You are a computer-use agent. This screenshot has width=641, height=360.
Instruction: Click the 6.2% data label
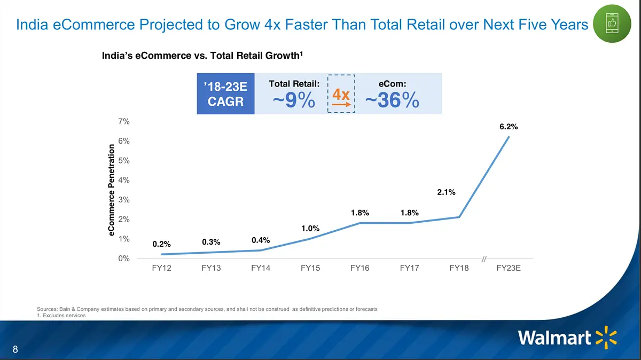point(509,127)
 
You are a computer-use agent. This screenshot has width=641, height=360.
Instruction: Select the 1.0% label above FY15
point(310,229)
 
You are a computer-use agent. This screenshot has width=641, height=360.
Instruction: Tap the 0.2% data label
point(161,244)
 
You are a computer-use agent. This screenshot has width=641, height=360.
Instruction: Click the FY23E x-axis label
point(509,268)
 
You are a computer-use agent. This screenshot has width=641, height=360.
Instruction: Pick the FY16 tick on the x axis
point(360,268)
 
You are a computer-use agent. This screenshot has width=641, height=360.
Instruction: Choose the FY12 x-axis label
point(161,268)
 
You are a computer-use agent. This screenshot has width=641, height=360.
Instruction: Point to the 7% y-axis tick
point(124,121)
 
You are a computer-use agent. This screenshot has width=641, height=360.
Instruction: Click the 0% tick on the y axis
point(124,259)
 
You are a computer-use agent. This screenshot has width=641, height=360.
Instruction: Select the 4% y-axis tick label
point(124,180)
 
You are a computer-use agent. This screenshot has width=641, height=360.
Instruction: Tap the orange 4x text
point(341,95)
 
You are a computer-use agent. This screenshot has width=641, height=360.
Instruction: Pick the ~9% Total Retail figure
point(294,100)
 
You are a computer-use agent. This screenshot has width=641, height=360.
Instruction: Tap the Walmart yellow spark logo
point(606,338)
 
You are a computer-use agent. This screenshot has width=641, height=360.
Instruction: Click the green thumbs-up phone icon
point(611,24)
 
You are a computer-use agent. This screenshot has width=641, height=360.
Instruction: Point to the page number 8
point(15,350)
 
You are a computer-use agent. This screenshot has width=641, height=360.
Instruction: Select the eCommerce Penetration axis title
point(111,190)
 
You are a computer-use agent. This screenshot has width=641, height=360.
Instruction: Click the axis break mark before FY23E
point(484,259)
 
